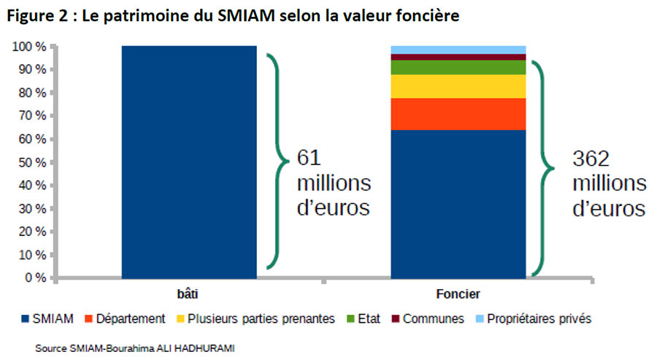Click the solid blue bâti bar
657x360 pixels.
(189, 161)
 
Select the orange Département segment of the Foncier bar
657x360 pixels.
(458, 114)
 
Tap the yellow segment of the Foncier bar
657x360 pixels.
(458, 86)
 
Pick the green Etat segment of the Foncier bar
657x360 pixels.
(458, 67)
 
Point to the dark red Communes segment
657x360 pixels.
(458, 57)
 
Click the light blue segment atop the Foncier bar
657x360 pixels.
(458, 50)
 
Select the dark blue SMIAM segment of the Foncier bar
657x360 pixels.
(458, 204)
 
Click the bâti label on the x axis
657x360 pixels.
(189, 294)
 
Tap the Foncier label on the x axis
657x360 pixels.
(458, 294)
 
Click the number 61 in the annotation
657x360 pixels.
(310, 158)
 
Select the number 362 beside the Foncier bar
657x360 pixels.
(590, 158)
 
